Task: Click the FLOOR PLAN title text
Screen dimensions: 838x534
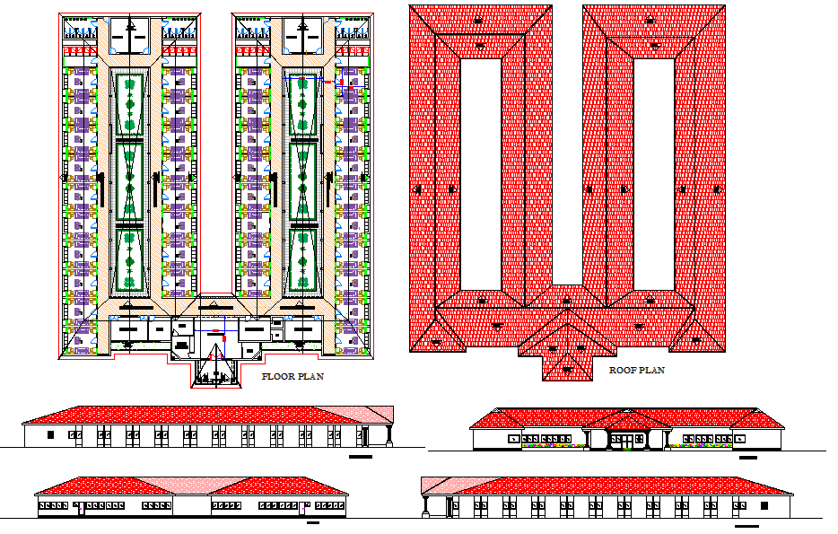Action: (x=292, y=377)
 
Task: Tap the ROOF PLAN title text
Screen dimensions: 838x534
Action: (x=637, y=370)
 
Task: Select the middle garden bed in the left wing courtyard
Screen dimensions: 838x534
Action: (x=130, y=183)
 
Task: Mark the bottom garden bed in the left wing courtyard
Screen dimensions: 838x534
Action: (x=130, y=260)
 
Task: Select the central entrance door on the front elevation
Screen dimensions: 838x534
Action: (x=625, y=440)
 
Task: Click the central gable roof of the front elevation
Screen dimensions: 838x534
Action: (x=625, y=419)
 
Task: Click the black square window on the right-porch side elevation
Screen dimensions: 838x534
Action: (x=51, y=434)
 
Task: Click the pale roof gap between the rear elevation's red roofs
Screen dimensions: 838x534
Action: (x=190, y=485)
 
